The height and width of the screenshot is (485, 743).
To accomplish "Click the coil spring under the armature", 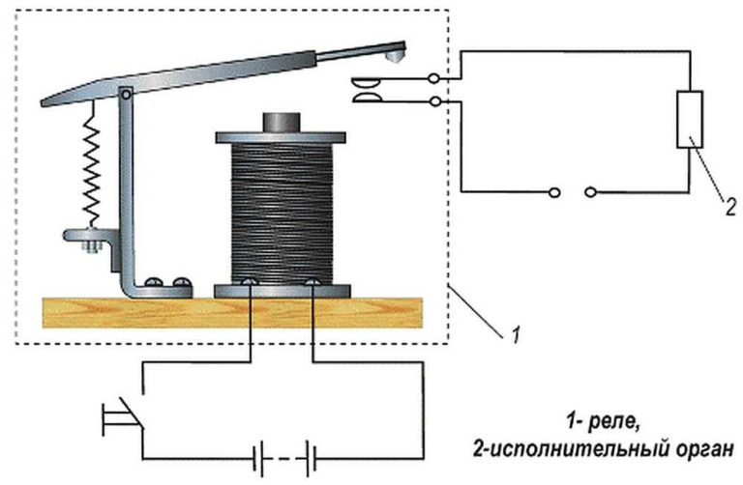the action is click(91, 165).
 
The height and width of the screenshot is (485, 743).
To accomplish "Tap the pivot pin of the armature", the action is click(126, 95).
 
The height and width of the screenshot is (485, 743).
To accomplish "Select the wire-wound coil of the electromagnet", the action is click(282, 214).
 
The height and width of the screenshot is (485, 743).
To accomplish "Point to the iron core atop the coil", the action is click(282, 122).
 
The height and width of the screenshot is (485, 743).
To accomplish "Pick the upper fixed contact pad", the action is click(366, 84).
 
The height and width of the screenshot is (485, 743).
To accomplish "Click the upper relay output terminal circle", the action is click(433, 78).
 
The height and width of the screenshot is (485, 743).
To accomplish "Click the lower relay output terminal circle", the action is click(435, 101).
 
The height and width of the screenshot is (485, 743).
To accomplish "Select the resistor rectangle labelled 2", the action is click(690, 120).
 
